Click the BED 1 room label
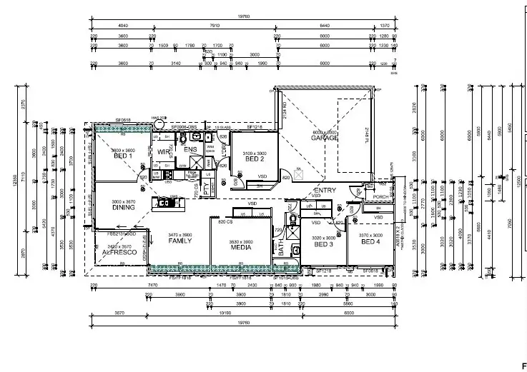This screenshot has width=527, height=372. tap(124, 156)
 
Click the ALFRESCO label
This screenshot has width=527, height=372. tap(120, 252)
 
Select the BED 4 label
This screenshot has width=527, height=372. tap(370, 241)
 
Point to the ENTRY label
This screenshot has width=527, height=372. tap(325, 191)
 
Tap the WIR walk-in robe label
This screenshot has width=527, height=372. tap(163, 152)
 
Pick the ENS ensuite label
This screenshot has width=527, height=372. tap(190, 149)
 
